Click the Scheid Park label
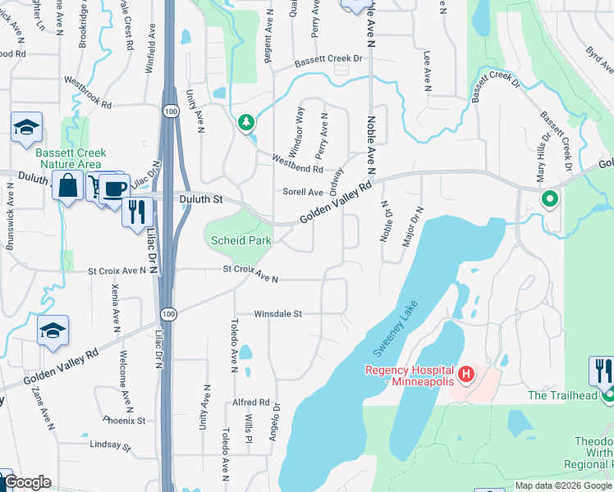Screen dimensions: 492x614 point(241,241)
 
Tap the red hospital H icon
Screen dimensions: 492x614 point(465,375)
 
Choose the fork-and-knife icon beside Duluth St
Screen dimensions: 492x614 point(137,212)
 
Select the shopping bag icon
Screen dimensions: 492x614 point(68,185)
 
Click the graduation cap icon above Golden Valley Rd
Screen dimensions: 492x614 point(53,330)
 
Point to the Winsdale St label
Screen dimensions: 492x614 point(278,313)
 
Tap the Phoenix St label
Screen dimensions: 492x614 point(124,421)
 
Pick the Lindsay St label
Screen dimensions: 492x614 point(111,445)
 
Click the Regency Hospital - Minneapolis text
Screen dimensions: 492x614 point(409,376)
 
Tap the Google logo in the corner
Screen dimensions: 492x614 point(27,482)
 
